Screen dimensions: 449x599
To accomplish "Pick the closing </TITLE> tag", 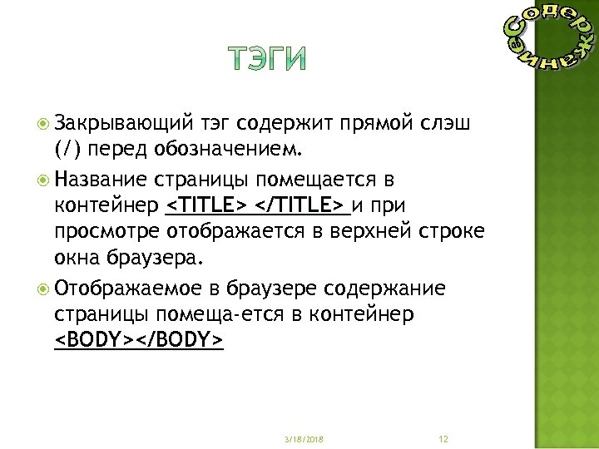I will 303,205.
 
